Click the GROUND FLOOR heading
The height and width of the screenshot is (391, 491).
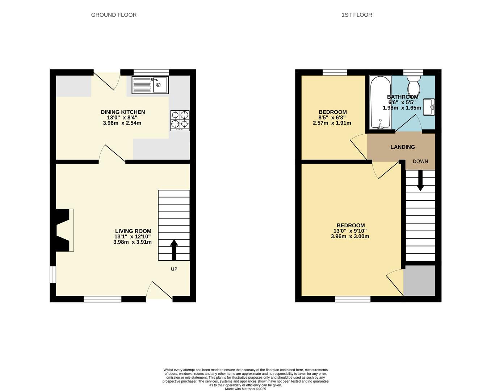114,15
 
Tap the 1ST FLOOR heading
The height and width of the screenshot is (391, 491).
357,15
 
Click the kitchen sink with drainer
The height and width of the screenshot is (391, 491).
150,85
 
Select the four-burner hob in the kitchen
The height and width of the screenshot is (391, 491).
180,121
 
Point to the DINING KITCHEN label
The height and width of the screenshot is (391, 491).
123,112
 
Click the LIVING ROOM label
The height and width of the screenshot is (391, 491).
133,231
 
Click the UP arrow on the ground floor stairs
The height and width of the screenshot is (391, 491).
174,250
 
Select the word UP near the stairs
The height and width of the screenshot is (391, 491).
174,269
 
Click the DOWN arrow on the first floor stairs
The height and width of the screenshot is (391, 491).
420,181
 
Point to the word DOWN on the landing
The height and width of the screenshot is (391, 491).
420,161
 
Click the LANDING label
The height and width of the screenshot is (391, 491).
403,147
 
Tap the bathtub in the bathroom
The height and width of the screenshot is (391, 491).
380,102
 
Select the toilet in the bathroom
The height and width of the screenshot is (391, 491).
414,87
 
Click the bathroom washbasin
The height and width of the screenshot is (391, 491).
429,107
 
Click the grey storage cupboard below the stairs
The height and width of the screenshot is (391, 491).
419,281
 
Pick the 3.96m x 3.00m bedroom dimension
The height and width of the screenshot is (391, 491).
350,236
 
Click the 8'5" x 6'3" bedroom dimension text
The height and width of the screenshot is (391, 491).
332,118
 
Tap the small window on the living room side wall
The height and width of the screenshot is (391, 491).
53,275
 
